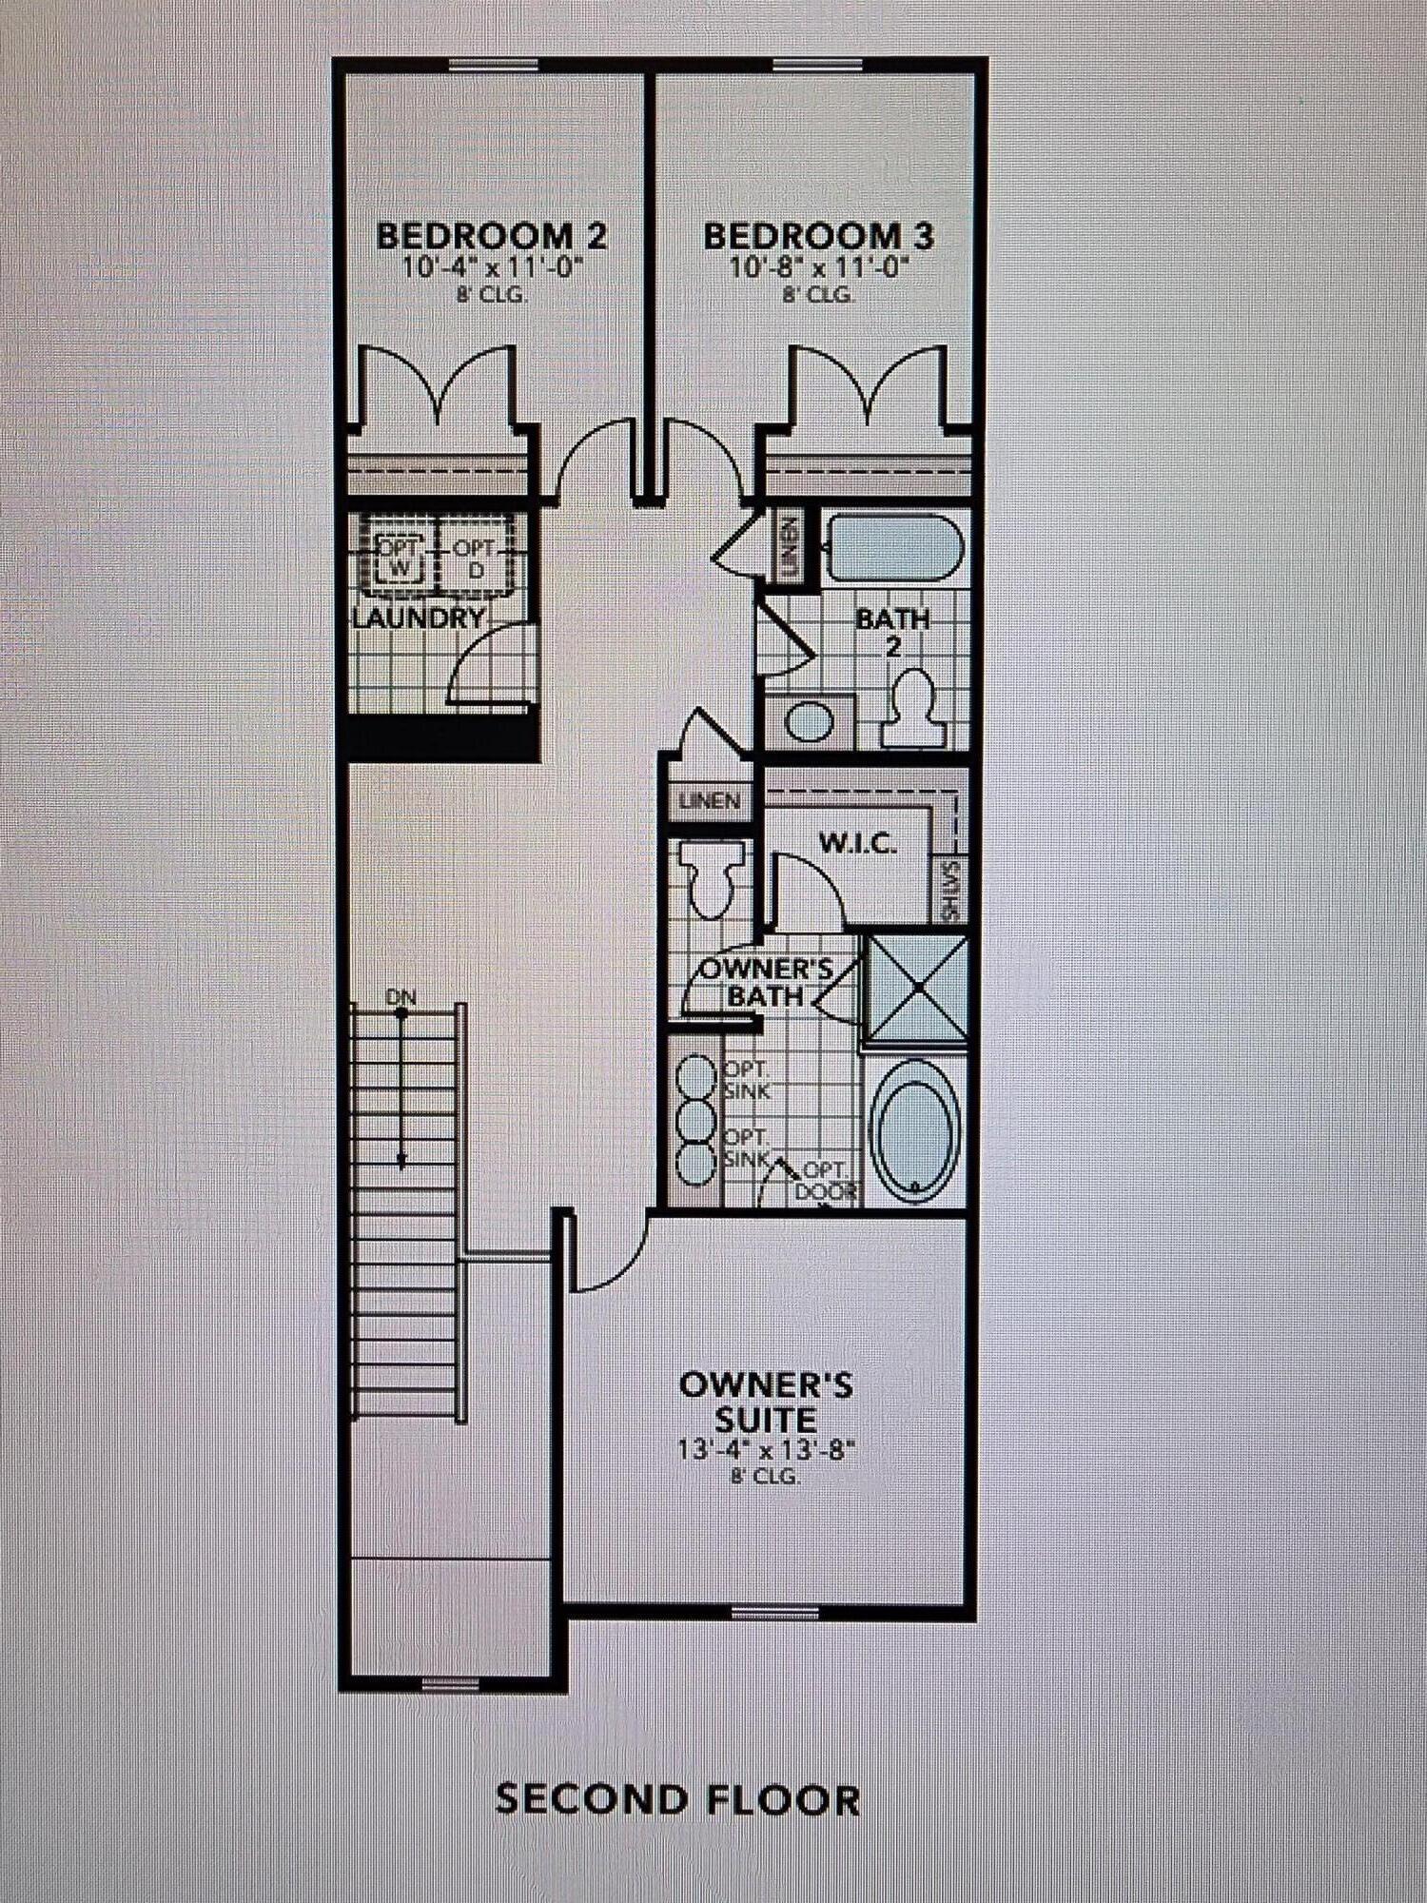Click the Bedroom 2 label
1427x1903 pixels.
[x=492, y=235]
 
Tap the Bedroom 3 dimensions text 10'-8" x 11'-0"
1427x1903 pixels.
[x=818, y=266]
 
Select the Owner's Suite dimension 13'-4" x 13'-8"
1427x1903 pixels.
[x=766, y=1450]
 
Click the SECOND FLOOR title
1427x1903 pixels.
[x=677, y=1799]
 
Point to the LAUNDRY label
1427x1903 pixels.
[x=419, y=618]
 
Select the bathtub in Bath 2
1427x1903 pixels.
[x=894, y=547]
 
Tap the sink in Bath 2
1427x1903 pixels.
[x=810, y=720]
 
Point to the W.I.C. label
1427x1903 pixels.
[x=857, y=843]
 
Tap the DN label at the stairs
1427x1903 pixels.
[x=401, y=997]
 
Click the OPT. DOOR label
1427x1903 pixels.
[x=824, y=1181]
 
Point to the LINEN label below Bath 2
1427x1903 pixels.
[x=710, y=801]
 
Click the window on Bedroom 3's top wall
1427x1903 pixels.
[x=818, y=66]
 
